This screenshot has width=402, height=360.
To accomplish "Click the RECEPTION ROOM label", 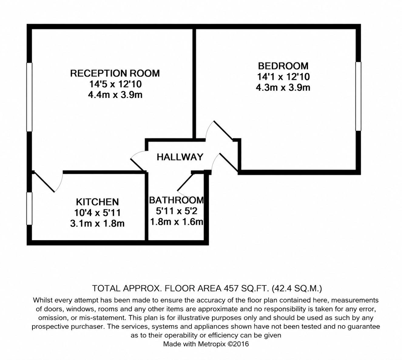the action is [x=115, y=73].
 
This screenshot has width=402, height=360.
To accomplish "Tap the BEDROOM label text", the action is [x=283, y=66].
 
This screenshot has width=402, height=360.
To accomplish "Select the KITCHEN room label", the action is [x=97, y=202].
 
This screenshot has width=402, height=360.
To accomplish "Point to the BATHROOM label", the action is [x=176, y=200].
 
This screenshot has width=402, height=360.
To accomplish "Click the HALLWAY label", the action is [x=180, y=157].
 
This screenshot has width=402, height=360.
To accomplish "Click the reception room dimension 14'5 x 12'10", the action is [x=116, y=84].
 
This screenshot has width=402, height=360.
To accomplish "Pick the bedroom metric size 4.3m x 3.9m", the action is [x=283, y=87].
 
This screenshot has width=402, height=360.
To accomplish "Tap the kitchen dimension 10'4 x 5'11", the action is [x=97, y=213].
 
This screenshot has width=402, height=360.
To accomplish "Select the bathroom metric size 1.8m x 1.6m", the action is [x=177, y=222].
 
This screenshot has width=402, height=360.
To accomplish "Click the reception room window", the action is [x=29, y=97].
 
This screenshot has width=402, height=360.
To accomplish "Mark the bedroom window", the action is [x=358, y=96].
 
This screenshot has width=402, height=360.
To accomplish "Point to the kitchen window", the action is [x=29, y=208].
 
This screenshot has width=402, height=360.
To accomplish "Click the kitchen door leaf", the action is [x=44, y=182].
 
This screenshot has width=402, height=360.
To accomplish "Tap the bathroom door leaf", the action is [x=185, y=182].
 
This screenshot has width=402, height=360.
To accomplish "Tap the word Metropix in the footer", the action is [x=212, y=344].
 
